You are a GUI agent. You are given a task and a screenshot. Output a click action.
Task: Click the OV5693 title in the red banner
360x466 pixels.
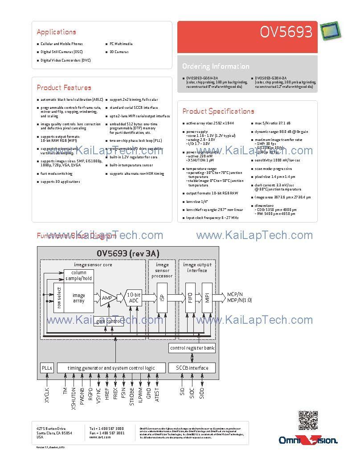coord(286,32)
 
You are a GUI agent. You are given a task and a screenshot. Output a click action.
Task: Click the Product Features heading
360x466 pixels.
coord(64,88)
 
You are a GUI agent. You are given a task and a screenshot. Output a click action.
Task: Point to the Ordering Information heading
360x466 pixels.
coord(216,66)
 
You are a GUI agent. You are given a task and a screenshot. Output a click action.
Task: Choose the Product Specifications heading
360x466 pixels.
coord(218,111)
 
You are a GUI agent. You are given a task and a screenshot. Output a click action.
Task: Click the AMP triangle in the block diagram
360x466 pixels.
coord(107,297)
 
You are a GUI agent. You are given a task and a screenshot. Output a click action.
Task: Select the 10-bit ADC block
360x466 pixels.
coord(134,298)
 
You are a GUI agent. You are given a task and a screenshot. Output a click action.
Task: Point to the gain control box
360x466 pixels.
coord(108,321)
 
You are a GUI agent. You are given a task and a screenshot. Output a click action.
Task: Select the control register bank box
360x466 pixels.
coord(192,348)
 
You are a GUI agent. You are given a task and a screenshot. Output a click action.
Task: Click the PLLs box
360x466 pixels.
coord(47,368)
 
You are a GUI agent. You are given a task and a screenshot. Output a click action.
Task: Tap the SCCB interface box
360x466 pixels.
coord(192,368)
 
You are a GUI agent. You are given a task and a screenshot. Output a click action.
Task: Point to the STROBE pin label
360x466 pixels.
coord(132,396)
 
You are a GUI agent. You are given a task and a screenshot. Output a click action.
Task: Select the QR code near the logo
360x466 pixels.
coord(308,421)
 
